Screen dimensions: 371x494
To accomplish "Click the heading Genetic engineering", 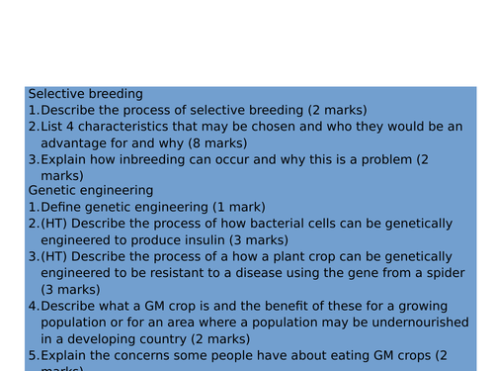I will [91, 190].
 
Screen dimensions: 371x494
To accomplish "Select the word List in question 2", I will [54, 126].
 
